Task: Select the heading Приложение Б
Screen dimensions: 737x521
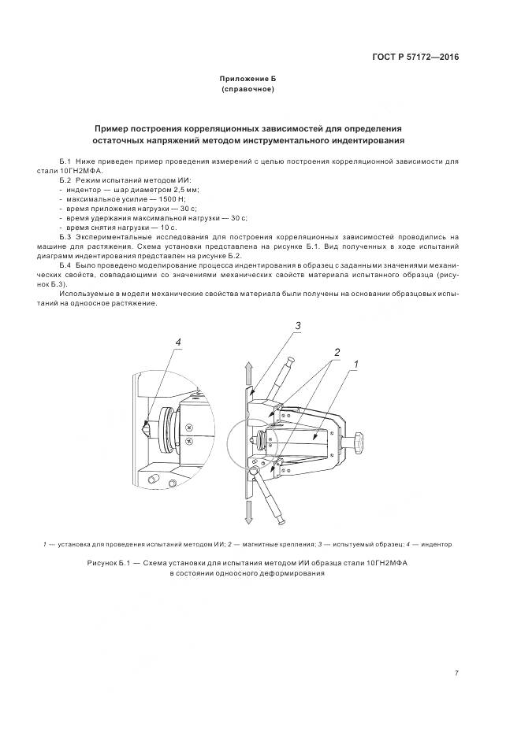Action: [x=247, y=80]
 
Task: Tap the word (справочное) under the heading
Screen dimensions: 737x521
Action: [x=247, y=90]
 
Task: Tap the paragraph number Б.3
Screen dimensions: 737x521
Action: [x=65, y=236]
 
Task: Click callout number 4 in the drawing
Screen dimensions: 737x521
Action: [x=178, y=343]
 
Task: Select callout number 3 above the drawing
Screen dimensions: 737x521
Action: [x=298, y=326]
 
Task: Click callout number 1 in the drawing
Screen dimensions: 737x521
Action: [x=355, y=365]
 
